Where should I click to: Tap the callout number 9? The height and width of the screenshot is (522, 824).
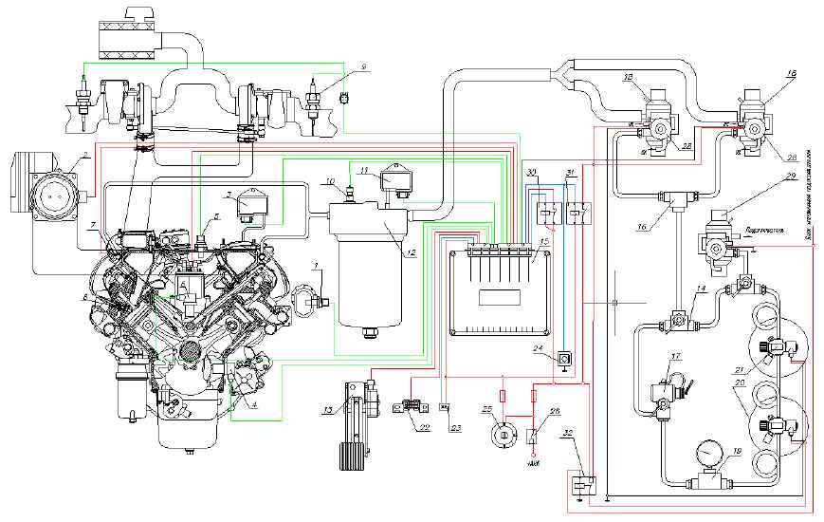[361, 65]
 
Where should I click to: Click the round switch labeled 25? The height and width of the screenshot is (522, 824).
[504, 435]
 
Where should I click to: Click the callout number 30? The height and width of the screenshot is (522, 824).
[533, 171]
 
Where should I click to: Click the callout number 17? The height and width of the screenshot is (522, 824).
[675, 358]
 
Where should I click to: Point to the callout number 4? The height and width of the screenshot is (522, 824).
[255, 402]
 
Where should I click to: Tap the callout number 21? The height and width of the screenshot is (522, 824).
[763, 369]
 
